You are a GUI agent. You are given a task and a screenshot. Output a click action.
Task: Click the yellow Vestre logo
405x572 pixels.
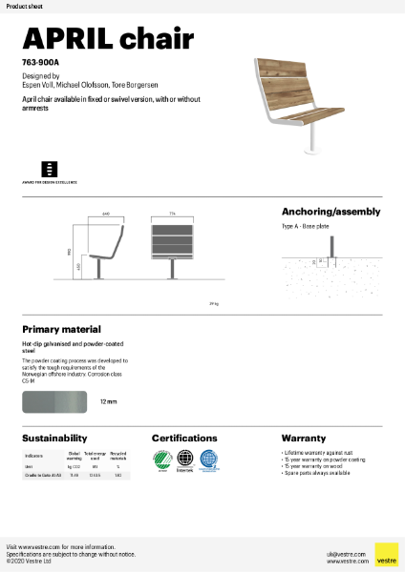385,554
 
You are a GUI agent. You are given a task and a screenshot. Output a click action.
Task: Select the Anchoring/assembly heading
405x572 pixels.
330,212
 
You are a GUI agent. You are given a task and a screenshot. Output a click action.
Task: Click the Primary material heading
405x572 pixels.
61,329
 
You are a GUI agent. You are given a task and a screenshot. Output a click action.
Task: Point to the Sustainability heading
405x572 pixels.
55,438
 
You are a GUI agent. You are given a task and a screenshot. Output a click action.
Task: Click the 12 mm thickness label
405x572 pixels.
108,402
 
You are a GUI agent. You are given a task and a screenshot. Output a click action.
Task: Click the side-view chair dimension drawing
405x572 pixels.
108,253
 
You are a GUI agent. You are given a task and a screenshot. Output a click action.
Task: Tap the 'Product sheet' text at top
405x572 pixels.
21,6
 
